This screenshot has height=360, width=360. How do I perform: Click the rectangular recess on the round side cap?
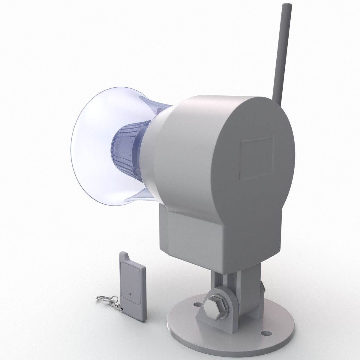pos(257,158)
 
